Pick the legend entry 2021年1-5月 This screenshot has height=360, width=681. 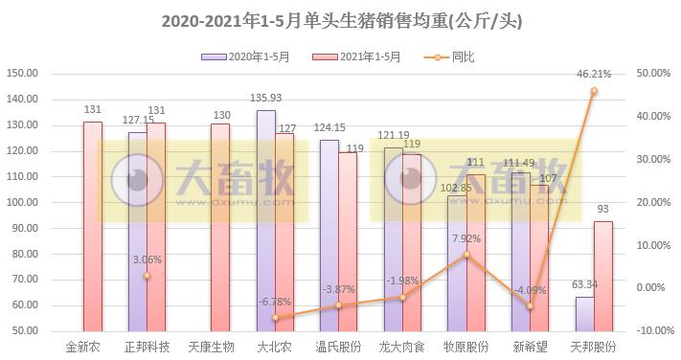click(357, 57)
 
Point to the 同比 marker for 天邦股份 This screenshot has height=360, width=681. click(594, 91)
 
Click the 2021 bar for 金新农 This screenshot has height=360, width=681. click(92, 226)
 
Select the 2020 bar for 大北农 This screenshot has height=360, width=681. click(265, 220)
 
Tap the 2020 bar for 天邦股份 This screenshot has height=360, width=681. click(584, 313)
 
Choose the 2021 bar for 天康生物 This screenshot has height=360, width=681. click(220, 227)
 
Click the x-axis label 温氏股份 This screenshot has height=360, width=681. click(338, 347)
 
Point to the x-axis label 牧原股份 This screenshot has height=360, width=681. click(466, 347)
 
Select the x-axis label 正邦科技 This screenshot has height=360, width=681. click(147, 347)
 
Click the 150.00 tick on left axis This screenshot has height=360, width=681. click(21, 74)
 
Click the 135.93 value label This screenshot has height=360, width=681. click(265, 98)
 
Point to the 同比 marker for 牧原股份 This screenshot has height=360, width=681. click(466, 255)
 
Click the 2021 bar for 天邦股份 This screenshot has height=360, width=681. click(603, 276)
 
